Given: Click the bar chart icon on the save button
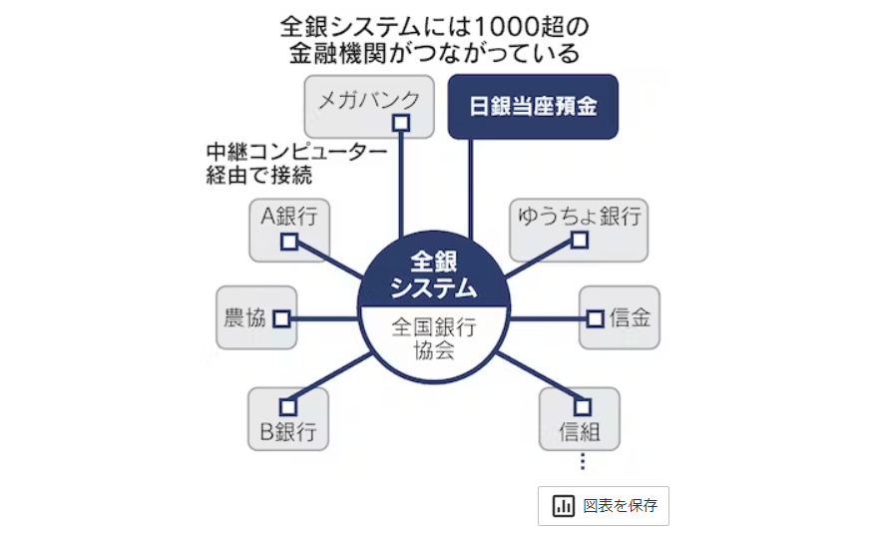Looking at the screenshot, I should pos(564,505).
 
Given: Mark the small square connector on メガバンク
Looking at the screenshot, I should pos(401,123).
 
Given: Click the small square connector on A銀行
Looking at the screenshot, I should pos(288,242).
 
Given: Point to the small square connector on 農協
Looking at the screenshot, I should pos(280,318).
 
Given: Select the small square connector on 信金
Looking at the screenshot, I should pos(595,318).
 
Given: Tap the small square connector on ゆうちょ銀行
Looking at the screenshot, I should pos(579,240).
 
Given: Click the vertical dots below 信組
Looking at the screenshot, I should pos(582,462).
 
